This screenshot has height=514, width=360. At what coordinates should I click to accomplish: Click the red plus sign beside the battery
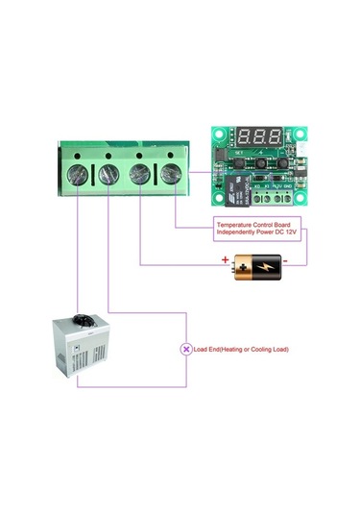[226, 258]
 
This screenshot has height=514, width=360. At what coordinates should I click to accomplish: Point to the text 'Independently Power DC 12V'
[256, 233]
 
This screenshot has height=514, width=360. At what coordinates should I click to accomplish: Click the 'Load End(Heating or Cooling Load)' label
[241, 349]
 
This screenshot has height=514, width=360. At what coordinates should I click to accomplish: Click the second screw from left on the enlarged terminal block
[109, 174]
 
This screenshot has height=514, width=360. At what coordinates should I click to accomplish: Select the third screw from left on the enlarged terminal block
[140, 174]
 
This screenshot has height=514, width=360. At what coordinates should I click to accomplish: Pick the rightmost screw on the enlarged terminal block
[171, 174]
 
